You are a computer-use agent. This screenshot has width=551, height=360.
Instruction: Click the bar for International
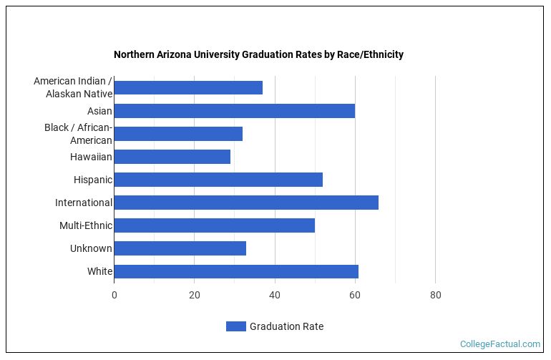tap(246, 203)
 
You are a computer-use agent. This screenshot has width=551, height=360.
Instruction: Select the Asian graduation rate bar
tap(234, 111)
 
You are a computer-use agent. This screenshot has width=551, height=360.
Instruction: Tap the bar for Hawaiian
tap(172, 157)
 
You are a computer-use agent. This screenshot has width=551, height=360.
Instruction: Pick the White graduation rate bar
tap(236, 271)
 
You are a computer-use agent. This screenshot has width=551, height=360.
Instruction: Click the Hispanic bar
tap(218, 180)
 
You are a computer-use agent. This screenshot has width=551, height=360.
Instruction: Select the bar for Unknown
tap(180, 248)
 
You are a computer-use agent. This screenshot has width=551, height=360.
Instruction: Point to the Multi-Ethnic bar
tap(214, 225)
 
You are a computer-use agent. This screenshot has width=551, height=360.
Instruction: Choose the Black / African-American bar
tap(178, 134)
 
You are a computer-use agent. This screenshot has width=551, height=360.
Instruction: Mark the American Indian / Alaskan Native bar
tap(188, 88)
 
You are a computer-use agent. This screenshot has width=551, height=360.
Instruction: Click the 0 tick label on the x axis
tap(114, 295)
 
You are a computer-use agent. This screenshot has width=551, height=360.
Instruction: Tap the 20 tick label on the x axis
tap(194, 295)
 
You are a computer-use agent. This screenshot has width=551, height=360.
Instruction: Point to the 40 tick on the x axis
tap(275, 295)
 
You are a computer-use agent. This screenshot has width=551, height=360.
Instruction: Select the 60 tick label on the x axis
tap(355, 295)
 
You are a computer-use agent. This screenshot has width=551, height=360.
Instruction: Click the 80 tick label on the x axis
tap(435, 295)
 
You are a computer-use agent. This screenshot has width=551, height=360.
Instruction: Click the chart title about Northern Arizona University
tap(258, 54)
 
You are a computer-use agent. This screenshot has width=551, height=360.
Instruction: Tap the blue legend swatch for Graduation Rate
tap(235, 326)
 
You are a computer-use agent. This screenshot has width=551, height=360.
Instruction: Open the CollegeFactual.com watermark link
tap(499, 344)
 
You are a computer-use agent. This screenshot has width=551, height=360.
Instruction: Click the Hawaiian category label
tap(91, 157)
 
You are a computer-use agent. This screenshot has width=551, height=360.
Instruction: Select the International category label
tap(84, 203)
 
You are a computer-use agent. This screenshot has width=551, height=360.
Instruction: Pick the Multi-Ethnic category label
tap(86, 225)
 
